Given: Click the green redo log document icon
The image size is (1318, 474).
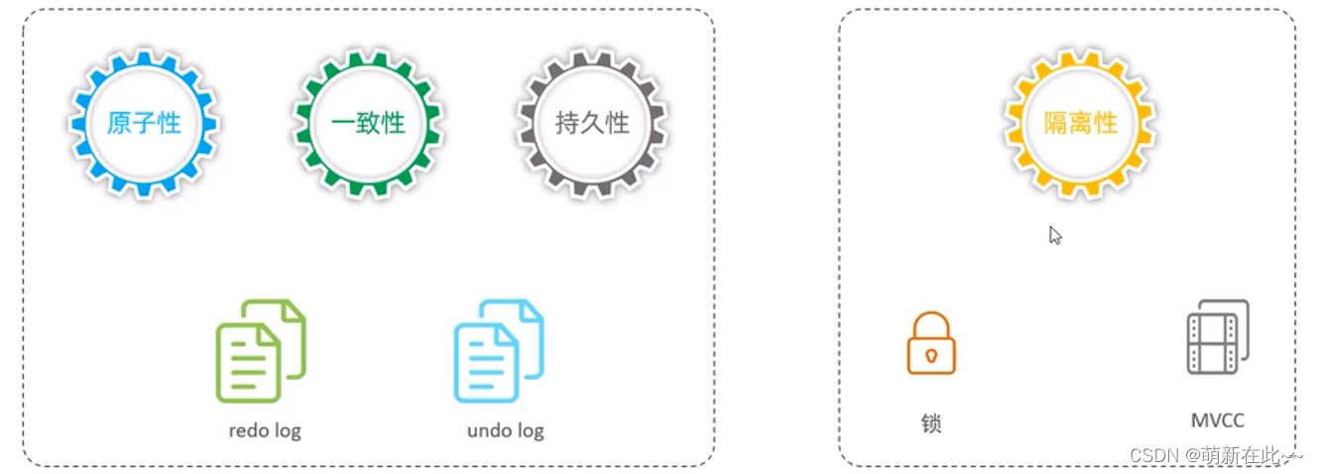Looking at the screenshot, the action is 260,351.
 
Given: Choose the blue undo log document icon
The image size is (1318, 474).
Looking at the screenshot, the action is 498,351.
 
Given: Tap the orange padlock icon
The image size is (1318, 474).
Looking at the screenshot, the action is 930,344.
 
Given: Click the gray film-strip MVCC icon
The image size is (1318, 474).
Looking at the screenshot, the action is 1217,337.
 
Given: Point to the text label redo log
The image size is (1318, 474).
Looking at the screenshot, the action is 264,430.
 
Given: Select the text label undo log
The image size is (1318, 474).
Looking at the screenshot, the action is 505,430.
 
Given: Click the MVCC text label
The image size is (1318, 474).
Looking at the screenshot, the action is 1217,420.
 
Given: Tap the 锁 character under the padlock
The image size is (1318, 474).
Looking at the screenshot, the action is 930,423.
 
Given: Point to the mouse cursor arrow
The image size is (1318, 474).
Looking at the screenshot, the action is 1055,235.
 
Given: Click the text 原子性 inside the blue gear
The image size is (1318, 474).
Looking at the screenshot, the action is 144,123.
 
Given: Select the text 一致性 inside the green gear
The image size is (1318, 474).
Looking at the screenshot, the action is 368,123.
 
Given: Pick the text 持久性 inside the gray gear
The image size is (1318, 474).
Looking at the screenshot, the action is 592,123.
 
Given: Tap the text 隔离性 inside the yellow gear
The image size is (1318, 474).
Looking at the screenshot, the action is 1080,123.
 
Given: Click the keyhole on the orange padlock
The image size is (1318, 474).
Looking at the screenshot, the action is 930,354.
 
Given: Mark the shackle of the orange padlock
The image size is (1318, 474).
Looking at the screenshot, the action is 930,321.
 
